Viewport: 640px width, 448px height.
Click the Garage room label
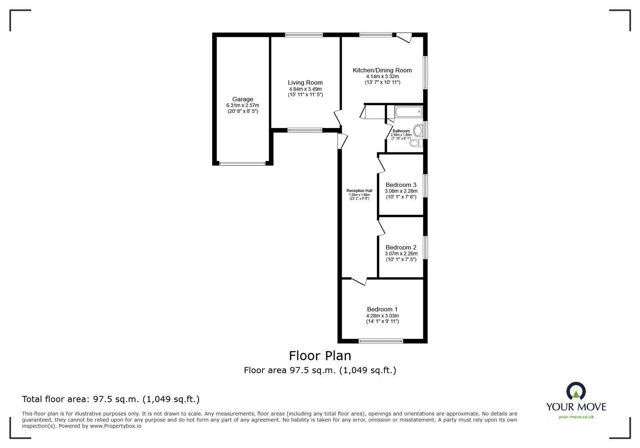click(242, 99)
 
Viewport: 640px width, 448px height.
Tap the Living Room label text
click(305, 83)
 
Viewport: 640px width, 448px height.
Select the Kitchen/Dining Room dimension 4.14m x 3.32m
click(382, 76)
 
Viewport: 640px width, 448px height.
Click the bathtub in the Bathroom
click(408, 112)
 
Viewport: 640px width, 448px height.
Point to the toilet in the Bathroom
click(416, 144)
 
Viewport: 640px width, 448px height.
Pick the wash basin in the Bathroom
click(418, 130)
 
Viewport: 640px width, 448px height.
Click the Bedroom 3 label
click(401, 185)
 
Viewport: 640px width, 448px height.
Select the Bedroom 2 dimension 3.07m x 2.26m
click(401, 253)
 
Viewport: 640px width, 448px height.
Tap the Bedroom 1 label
click(382, 309)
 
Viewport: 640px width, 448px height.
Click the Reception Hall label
click(359, 191)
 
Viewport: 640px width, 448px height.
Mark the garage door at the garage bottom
click(242, 163)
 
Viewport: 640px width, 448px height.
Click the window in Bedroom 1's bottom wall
click(381, 341)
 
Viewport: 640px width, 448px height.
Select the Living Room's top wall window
click(304, 35)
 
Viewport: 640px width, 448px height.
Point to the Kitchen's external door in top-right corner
click(404, 38)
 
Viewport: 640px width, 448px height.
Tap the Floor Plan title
click(320, 356)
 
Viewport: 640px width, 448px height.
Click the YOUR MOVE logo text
click(576, 407)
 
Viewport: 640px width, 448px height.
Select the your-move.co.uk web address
click(576, 417)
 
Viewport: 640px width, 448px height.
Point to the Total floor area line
click(110, 399)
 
